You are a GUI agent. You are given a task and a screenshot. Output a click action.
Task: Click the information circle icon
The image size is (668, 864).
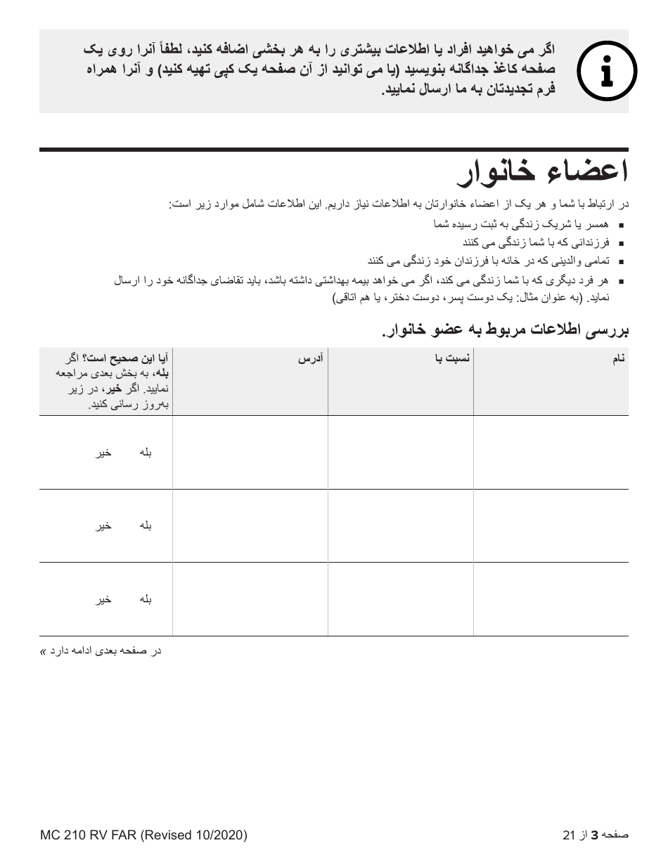pyautogui.click(x=606, y=71)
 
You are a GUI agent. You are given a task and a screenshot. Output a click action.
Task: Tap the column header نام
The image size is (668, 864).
pyautogui.click(x=618, y=359)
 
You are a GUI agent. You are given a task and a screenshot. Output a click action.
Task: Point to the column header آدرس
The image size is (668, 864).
pyautogui.click(x=310, y=359)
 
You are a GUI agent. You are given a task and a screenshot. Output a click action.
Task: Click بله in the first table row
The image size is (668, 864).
pyautogui.click(x=146, y=453)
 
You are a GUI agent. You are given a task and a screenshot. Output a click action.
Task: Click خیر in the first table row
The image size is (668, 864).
pyautogui.click(x=104, y=453)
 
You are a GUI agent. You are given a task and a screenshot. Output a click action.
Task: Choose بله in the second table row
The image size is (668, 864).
pyautogui.click(x=146, y=526)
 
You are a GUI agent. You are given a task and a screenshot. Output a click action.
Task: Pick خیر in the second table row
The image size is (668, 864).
pyautogui.click(x=104, y=526)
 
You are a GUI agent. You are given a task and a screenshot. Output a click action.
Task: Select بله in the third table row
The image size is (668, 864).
pyautogui.click(x=146, y=600)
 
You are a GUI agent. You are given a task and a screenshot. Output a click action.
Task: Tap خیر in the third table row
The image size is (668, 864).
pyautogui.click(x=104, y=600)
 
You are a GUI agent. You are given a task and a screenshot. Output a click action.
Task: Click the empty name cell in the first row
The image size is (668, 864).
pyautogui.click(x=551, y=452)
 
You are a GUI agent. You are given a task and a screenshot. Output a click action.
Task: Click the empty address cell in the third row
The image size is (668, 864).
pyautogui.click(x=250, y=599)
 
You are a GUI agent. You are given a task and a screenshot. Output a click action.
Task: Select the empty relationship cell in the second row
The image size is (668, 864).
pyautogui.click(x=400, y=525)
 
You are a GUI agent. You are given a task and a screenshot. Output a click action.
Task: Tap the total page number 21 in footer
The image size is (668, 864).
pyautogui.click(x=570, y=835)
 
